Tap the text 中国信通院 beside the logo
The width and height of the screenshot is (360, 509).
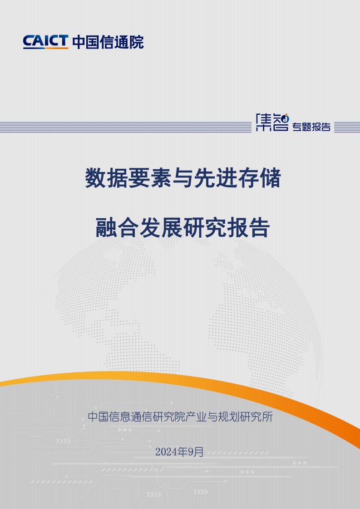point(108,42)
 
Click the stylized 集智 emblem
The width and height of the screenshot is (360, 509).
point(272,122)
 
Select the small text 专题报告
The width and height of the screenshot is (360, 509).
point(311,127)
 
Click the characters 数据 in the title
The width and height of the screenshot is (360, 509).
point(107,178)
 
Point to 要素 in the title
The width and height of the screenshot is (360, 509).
point(150,178)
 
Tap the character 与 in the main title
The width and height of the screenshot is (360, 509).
point(182,178)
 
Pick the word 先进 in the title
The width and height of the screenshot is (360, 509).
point(216,178)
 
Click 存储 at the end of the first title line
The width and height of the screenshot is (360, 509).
point(259,178)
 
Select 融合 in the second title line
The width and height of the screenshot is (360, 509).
point(117,228)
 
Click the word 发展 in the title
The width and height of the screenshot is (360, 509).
point(161,228)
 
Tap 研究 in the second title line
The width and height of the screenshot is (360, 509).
point(204,228)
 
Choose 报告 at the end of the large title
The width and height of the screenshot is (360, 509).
point(248,228)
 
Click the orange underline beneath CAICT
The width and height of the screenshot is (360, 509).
point(45,48)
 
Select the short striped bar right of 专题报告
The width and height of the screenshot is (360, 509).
point(347,127)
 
